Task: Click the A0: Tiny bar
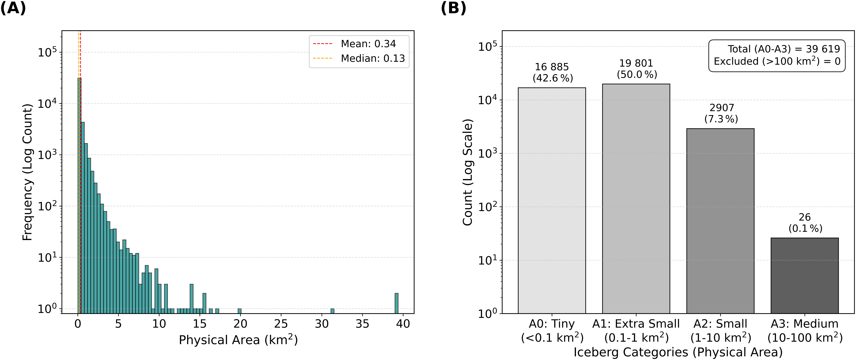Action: click(x=552, y=200)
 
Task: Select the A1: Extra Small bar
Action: click(x=636, y=199)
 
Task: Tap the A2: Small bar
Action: click(x=720, y=221)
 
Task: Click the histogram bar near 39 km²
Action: click(x=396, y=303)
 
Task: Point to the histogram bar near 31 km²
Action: click(x=332, y=311)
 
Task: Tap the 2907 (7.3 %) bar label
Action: click(x=721, y=113)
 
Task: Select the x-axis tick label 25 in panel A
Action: click(x=281, y=324)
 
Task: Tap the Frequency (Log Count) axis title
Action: click(x=27, y=172)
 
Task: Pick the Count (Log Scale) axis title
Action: click(x=468, y=172)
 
